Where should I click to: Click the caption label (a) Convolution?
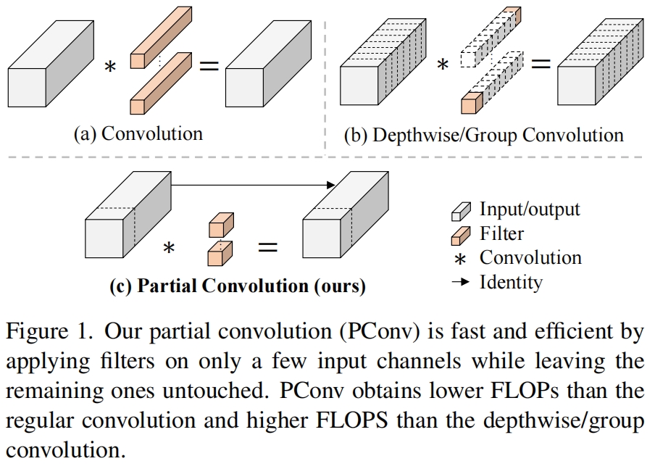138,133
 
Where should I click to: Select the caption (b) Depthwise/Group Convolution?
483,135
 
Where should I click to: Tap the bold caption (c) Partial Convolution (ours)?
237,286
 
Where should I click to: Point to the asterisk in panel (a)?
110,67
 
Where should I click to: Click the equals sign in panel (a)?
209,66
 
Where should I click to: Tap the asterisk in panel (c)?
169,249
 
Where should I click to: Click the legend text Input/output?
530,209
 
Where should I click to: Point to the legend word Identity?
511,281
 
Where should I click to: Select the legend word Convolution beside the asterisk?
530,257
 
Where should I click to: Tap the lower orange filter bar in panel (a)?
161,84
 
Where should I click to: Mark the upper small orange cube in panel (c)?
220,225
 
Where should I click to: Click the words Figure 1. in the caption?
49,332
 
